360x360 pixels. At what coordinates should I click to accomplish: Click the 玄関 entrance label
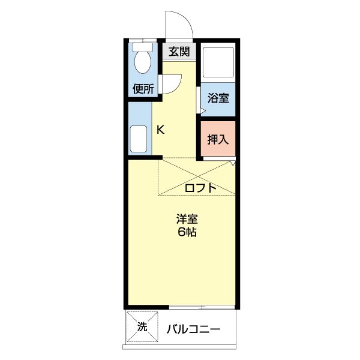coord(179,52)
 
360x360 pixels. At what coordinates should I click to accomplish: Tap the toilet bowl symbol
coord(143,62)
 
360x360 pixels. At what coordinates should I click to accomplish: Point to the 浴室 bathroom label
coord(218,98)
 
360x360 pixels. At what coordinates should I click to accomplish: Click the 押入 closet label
coord(218,140)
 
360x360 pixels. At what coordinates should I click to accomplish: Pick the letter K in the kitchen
coord(161,129)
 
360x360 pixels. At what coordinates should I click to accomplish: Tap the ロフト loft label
coord(200,188)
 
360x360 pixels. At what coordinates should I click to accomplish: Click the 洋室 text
coord(187,220)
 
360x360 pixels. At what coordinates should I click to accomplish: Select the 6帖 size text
coord(187,233)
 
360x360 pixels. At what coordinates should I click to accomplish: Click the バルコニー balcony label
coord(193,329)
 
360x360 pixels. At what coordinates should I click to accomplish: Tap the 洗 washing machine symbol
coord(142,327)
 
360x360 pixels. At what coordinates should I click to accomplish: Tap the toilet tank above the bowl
coord(143,46)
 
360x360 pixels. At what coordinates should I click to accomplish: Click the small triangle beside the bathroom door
coord(202,110)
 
